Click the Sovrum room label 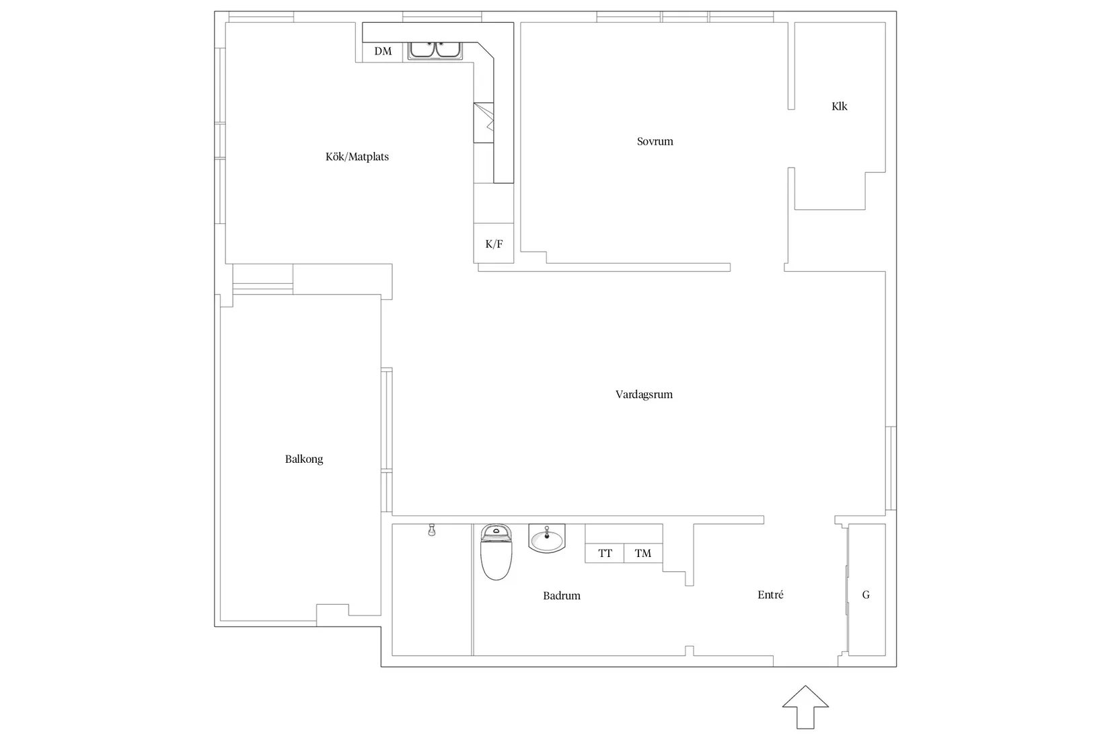tap(655, 142)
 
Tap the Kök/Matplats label tap(357, 157)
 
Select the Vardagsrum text tap(644, 395)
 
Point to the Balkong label tap(304, 459)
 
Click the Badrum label tap(562, 596)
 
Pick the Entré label tap(770, 595)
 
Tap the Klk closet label tap(839, 106)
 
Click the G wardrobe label tap(866, 595)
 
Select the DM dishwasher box tap(382, 52)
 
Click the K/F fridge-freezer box tap(494, 244)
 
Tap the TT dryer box tap(604, 553)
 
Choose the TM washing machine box tap(642, 553)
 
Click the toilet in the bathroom tap(496, 552)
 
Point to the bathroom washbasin tap(546, 538)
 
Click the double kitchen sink tap(435, 50)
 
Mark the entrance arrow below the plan tap(805, 707)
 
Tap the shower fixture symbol tap(432, 530)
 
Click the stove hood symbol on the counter tap(484, 123)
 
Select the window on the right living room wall tap(891, 468)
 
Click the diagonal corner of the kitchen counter tap(486, 50)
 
